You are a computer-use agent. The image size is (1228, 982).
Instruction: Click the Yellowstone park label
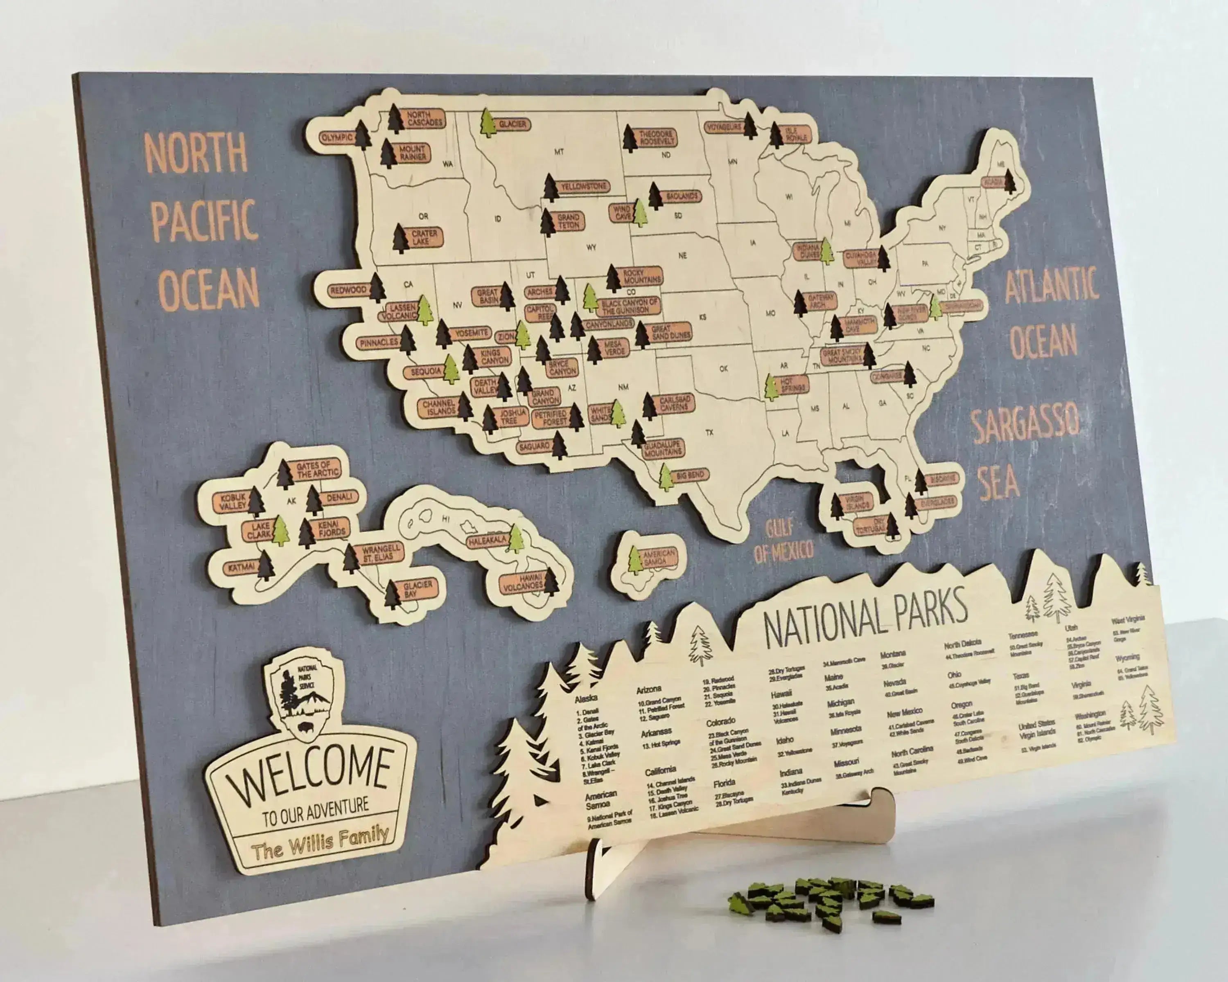coord(583,186)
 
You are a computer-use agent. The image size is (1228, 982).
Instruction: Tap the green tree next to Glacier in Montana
coord(488,123)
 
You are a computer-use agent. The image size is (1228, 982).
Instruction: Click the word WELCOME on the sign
coord(310,770)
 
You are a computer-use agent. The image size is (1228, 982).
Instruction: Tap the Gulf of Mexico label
coord(783,541)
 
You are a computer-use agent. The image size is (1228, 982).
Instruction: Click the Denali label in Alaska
coord(339,498)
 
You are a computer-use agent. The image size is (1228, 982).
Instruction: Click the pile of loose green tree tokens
coord(832,899)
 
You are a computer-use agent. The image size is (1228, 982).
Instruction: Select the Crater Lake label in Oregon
coord(424,237)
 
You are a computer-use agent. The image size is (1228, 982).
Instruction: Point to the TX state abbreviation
coord(709,432)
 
